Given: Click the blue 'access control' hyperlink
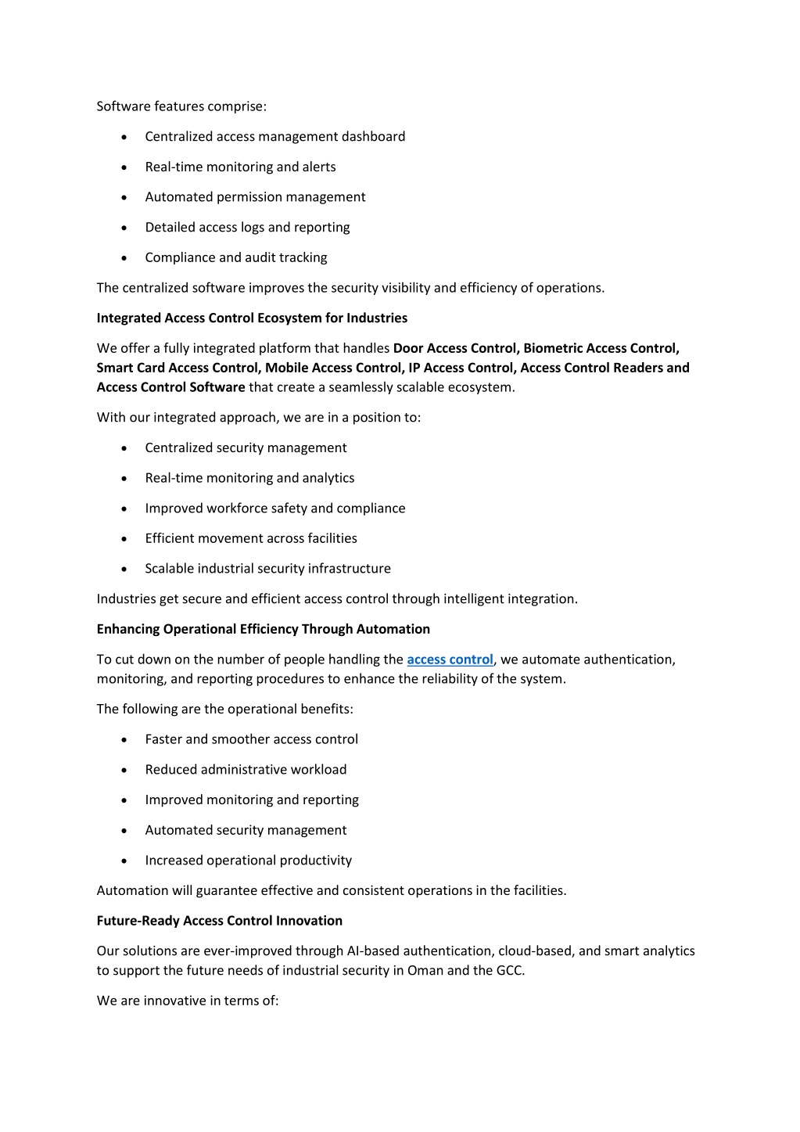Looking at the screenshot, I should click(x=450, y=659).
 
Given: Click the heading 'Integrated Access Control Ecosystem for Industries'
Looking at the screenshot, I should click(x=252, y=318).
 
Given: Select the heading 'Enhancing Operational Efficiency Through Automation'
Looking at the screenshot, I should click(x=263, y=629).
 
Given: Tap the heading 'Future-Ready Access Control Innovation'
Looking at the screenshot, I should click(x=219, y=921).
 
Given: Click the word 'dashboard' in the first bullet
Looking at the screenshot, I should click(x=373, y=136).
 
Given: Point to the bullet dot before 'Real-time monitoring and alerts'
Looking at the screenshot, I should click(x=124, y=167).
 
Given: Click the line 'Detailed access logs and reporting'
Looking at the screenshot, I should click(x=247, y=227).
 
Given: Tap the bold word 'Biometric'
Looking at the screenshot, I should click(x=552, y=348).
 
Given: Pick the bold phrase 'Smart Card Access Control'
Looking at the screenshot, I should click(x=178, y=368).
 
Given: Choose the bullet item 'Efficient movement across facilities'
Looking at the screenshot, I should click(x=250, y=538).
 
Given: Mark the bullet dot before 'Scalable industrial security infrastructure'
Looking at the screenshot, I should click(x=124, y=570).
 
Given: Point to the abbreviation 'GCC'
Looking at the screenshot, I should click(x=509, y=971).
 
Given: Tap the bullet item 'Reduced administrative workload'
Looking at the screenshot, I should click(x=246, y=770).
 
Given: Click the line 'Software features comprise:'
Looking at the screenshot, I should click(x=181, y=106).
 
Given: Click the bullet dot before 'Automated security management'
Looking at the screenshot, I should click(x=124, y=831).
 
